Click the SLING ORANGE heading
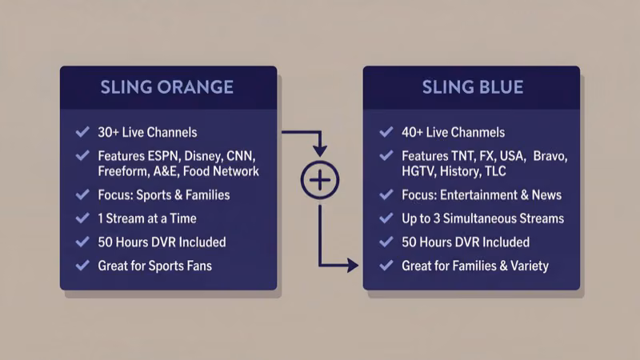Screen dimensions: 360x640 coord(167,87)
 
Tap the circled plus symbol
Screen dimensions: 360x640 coord(319,181)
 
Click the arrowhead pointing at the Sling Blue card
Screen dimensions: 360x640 coord(352,265)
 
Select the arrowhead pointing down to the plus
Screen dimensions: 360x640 coord(319,150)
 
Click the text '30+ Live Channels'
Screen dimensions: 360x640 coord(147,132)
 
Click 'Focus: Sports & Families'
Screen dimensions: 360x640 coord(164,194)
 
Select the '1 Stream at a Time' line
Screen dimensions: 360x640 coord(147,218)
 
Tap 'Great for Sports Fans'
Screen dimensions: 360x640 coord(155,265)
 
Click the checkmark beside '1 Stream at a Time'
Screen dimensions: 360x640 coord(82,218)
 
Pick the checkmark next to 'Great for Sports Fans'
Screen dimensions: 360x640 coord(82,265)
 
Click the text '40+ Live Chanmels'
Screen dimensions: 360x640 coord(453,132)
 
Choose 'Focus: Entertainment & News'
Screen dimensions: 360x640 coord(482,194)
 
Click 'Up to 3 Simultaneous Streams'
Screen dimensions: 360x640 coord(482,218)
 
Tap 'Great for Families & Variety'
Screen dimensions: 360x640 coord(475,265)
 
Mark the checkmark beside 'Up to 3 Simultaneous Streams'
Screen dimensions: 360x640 coord(386,218)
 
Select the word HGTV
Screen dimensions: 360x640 coord(419,171)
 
